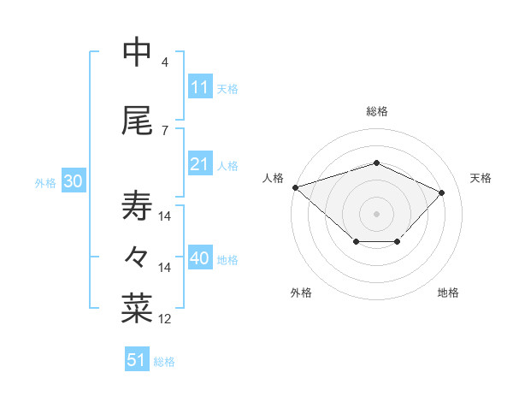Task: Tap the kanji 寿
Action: tap(137, 206)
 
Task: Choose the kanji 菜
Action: tap(137, 309)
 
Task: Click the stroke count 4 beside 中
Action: tap(165, 62)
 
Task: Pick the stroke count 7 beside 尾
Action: tap(165, 130)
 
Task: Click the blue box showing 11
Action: tap(200, 87)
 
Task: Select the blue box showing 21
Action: tap(200, 164)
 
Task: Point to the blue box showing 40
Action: tap(200, 258)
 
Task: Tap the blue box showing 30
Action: tap(73, 181)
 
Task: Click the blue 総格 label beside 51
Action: tap(164, 362)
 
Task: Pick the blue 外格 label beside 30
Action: tap(45, 183)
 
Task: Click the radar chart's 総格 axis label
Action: tap(377, 111)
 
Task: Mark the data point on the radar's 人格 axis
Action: tap(295, 187)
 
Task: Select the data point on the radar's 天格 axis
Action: tap(442, 192)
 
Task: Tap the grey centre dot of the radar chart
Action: tap(377, 213)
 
